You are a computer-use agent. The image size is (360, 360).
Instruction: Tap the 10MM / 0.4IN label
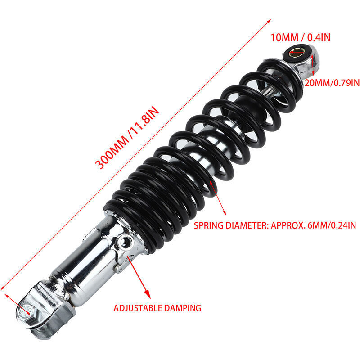pos(300,37)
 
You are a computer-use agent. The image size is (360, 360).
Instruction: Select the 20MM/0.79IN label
pos(332,83)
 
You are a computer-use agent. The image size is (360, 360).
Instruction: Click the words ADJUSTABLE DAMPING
pos(157,308)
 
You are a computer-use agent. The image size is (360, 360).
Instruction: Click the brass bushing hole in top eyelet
pos(297,52)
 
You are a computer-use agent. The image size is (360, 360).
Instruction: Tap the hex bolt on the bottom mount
pos(27,310)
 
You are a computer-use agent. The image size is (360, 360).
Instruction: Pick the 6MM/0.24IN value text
pos(330,225)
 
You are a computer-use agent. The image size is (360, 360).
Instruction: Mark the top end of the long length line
pos(271,19)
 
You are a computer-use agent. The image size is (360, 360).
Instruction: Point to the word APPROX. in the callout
pos(288,225)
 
